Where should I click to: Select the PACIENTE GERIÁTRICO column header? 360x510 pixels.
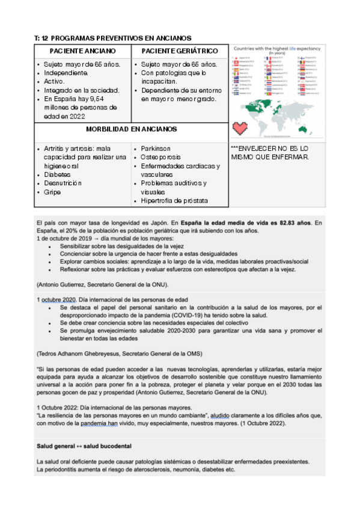[x=179, y=51]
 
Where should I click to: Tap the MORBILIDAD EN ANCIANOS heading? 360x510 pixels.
[x=131, y=129]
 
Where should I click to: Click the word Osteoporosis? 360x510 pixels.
[x=160, y=157]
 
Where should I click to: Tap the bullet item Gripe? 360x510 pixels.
[x=53, y=192]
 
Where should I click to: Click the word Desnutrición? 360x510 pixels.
[x=63, y=183]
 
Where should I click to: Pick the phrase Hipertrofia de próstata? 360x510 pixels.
[x=174, y=200]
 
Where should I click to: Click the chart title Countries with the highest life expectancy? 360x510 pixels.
[x=277, y=48]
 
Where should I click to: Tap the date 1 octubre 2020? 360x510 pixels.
[x=57, y=299]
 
